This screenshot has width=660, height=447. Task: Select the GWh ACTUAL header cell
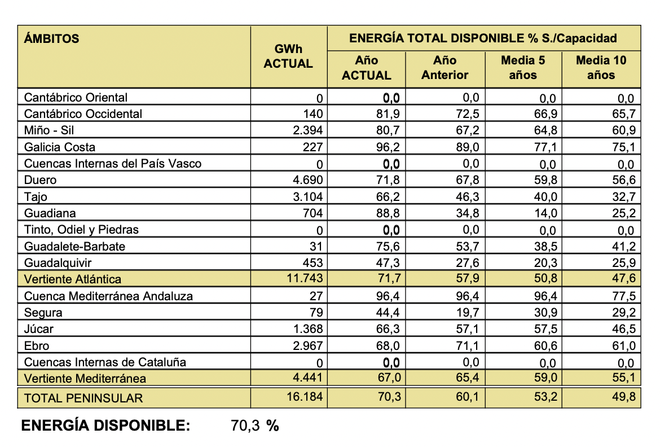(x=288, y=56)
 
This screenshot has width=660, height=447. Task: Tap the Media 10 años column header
(x=601, y=67)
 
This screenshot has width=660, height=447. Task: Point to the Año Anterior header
(x=445, y=67)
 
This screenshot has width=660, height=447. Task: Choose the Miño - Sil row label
(x=49, y=130)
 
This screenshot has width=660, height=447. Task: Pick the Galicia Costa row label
(x=60, y=147)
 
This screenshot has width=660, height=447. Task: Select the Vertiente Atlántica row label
(x=73, y=279)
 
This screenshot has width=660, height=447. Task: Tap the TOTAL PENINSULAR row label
(x=83, y=398)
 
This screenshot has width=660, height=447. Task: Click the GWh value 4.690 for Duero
(x=308, y=181)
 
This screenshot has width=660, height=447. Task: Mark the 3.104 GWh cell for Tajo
(x=308, y=197)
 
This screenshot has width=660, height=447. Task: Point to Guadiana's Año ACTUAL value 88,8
(x=389, y=213)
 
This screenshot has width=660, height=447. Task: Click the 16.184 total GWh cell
(x=305, y=397)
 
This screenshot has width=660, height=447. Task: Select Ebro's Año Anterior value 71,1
(x=468, y=345)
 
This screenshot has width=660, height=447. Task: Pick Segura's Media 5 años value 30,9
(x=545, y=313)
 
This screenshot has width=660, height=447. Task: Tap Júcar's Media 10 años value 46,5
(x=623, y=329)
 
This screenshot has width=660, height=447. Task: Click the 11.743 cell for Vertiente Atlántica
(x=305, y=278)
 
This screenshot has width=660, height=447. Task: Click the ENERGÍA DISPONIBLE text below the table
(x=105, y=426)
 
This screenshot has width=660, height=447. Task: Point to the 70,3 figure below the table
(x=245, y=426)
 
